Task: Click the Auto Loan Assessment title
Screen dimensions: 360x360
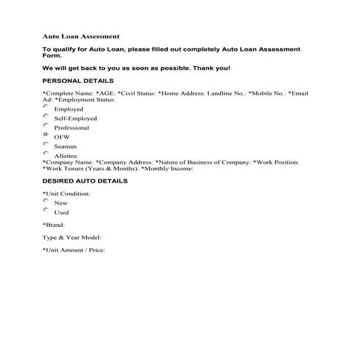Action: pyautogui.click(x=81, y=35)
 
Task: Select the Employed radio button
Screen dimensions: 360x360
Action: pyautogui.click(x=46, y=107)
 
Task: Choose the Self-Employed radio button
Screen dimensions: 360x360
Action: pyautogui.click(x=46, y=116)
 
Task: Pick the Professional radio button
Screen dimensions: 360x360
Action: pyautogui.click(x=46, y=126)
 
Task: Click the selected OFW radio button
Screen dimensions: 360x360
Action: pyautogui.click(x=46, y=135)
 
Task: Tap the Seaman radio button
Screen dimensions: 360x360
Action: pyautogui.click(x=46, y=145)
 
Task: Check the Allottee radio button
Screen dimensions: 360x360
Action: pyautogui.click(x=46, y=154)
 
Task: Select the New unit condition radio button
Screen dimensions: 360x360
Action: pyautogui.click(x=46, y=201)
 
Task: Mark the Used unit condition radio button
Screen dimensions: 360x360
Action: pyautogui.click(x=46, y=211)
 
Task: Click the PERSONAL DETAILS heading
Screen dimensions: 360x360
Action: pyautogui.click(x=78, y=80)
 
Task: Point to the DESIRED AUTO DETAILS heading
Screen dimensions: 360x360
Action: pyautogui.click(x=85, y=180)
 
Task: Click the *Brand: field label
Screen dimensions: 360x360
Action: pyautogui.click(x=54, y=225)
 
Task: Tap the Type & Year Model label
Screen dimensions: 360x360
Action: pyautogui.click(x=72, y=238)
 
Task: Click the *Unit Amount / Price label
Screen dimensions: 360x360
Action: pyautogui.click(x=74, y=251)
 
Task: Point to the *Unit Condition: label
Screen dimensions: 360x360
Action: pyautogui.click(x=66, y=193)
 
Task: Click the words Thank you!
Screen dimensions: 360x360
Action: pyautogui.click(x=211, y=68)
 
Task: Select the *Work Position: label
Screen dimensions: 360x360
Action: pyautogui.click(x=276, y=161)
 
